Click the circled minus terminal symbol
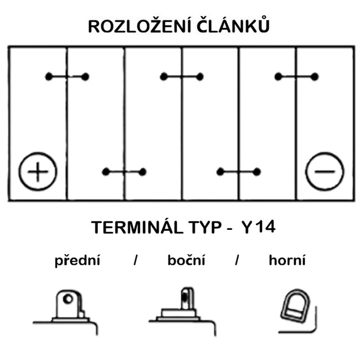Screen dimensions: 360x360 pos(325,172)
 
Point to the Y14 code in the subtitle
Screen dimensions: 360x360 pos(259,228)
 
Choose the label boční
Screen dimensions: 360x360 pos(186,260)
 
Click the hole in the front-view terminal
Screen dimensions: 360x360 pos(68,299)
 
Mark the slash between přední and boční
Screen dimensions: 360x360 pos(136,260)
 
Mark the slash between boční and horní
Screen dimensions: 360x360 pos(236,260)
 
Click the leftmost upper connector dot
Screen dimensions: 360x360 pos(49,76)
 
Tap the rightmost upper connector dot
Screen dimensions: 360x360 pos(315,76)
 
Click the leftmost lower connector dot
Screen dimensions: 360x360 pos(106,172)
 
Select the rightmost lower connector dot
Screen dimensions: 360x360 pos(256,172)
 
